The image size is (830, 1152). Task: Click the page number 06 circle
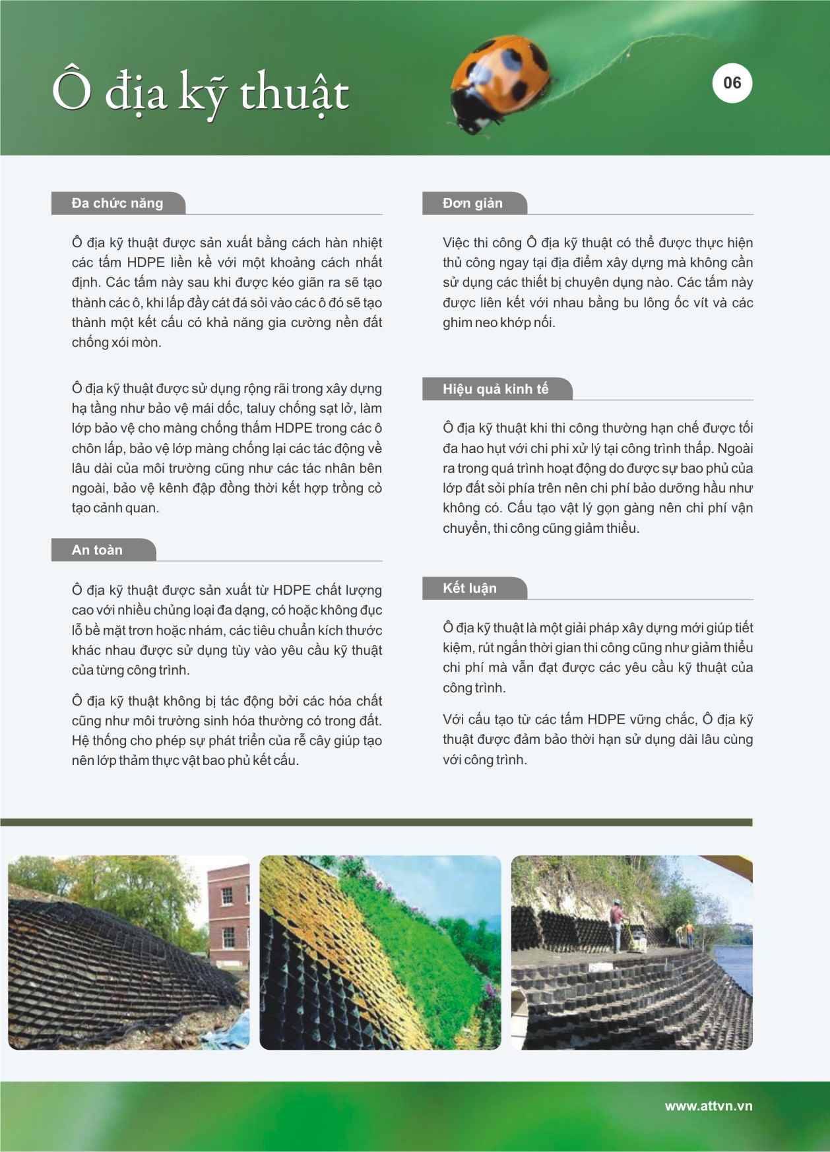732,83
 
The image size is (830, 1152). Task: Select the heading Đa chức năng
117,203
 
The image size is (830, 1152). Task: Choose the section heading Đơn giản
472,203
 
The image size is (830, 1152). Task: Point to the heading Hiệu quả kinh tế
495,389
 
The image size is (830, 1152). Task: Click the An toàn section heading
97,550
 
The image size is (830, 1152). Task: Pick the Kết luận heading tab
470,588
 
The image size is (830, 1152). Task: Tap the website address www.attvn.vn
708,1106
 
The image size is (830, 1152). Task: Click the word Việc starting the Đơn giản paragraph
456,243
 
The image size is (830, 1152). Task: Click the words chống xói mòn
116,342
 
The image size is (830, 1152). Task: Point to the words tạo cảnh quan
115,508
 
